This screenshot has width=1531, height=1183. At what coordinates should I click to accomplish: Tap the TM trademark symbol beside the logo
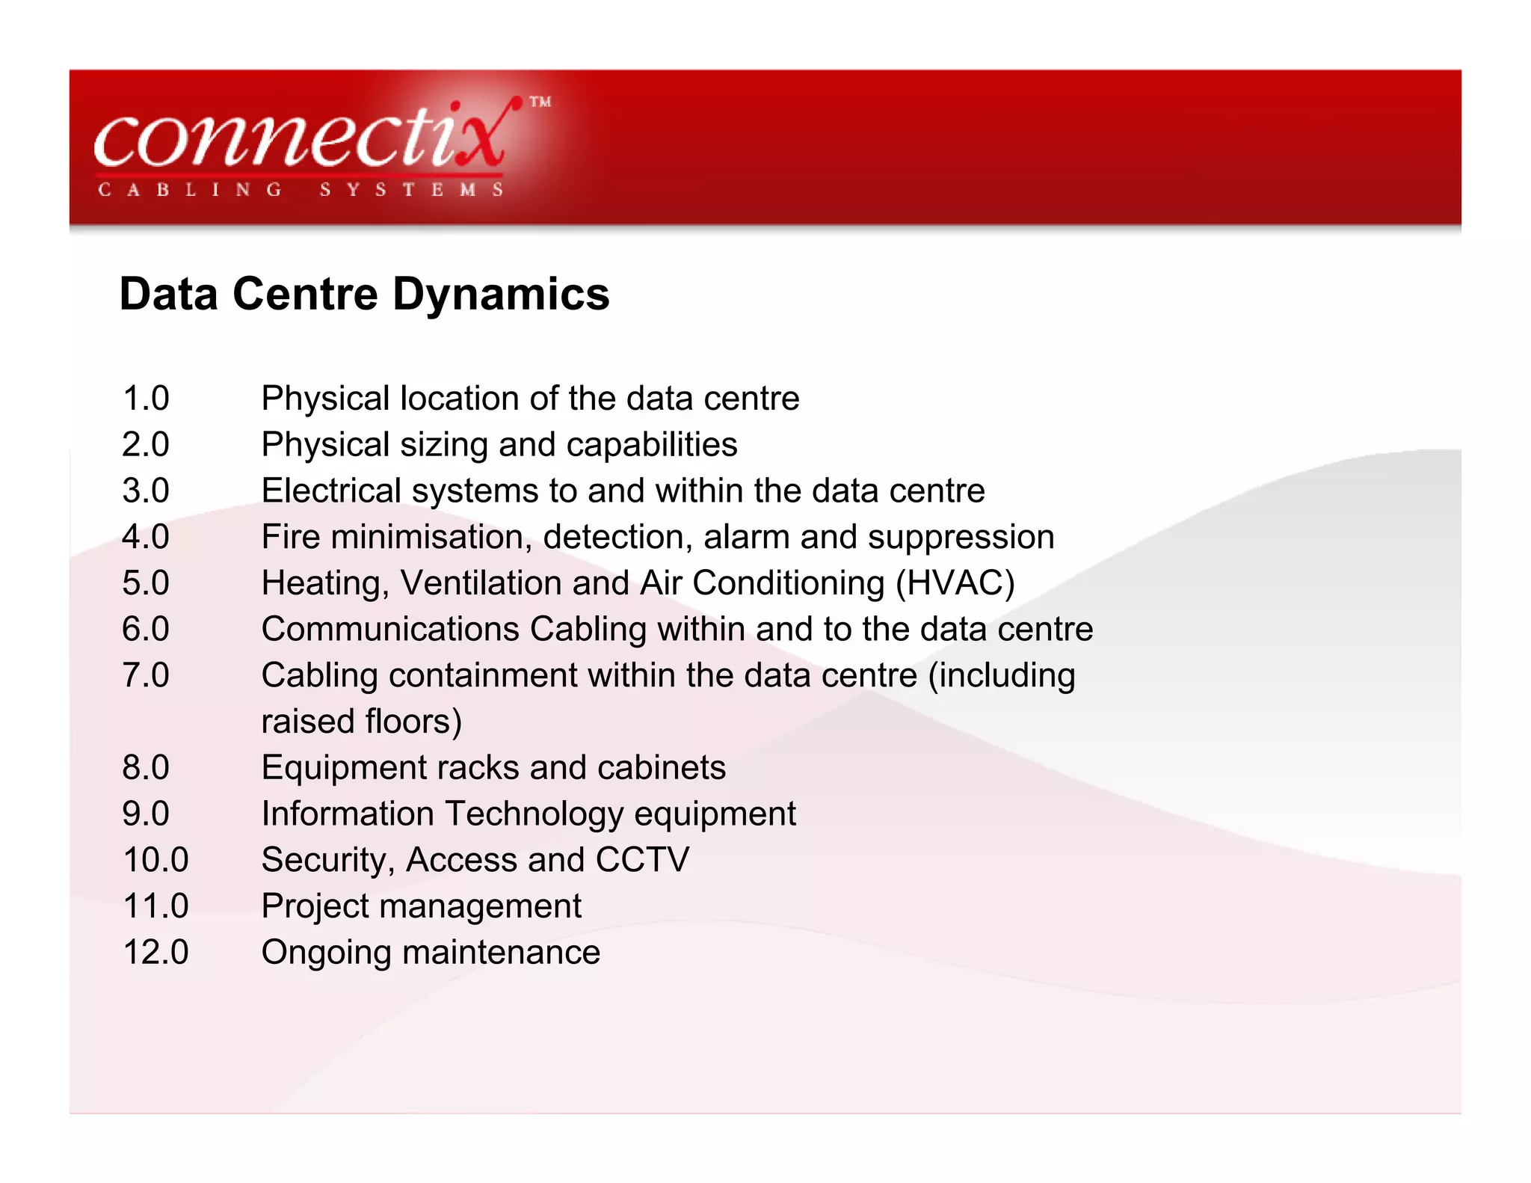click(x=540, y=102)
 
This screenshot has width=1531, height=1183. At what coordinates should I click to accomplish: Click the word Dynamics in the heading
click(x=501, y=294)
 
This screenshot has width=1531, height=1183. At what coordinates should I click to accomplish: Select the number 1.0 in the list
click(x=146, y=399)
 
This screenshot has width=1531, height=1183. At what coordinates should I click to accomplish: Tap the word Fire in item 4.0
click(x=291, y=538)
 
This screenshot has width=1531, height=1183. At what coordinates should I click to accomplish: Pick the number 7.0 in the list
click(x=146, y=676)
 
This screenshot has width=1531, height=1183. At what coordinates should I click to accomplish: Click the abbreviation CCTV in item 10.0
click(x=642, y=860)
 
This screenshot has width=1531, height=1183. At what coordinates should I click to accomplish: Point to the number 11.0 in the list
click(x=155, y=906)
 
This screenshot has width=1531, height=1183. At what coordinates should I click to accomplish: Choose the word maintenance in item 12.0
click(x=501, y=953)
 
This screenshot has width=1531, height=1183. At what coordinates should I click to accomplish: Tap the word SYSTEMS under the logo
click(x=411, y=190)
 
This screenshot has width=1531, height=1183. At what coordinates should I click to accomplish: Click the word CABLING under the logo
click(x=190, y=190)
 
